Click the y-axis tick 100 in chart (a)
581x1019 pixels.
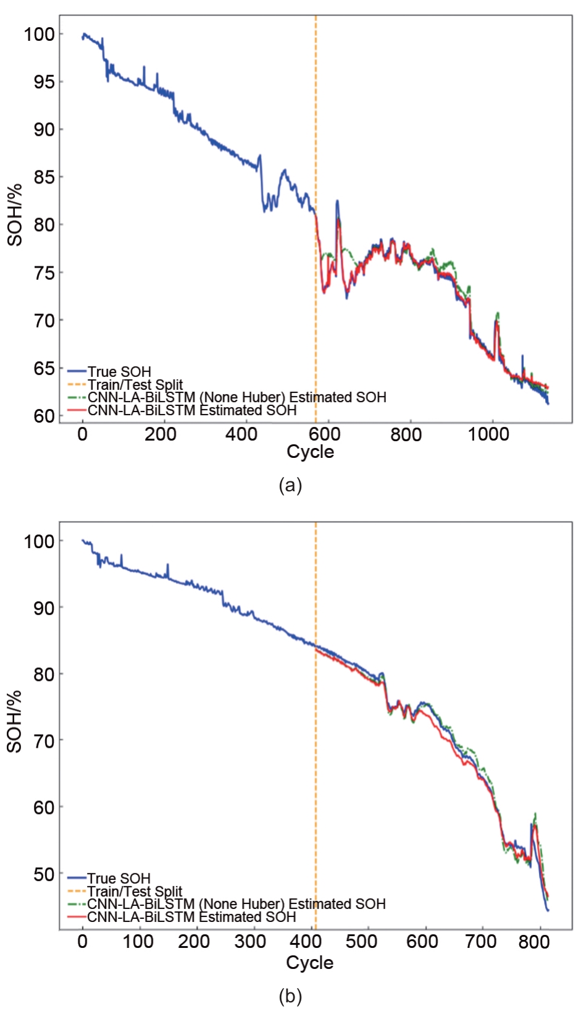(x=40, y=34)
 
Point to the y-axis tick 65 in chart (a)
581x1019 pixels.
(x=44, y=368)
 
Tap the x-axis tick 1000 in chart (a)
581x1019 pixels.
(x=488, y=434)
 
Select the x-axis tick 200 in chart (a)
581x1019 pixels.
(x=161, y=434)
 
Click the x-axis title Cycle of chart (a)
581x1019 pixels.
(x=310, y=452)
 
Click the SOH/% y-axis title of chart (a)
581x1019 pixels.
(x=14, y=215)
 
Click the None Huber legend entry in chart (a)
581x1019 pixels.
(x=237, y=397)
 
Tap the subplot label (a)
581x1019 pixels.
(x=290, y=485)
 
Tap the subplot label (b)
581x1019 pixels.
(x=290, y=996)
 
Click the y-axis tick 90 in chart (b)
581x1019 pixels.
(x=44, y=607)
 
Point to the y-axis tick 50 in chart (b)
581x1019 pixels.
(x=44, y=874)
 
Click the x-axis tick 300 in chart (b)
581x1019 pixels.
(x=251, y=942)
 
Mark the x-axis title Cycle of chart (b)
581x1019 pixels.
(x=309, y=963)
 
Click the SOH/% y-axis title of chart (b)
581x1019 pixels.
(x=14, y=722)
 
